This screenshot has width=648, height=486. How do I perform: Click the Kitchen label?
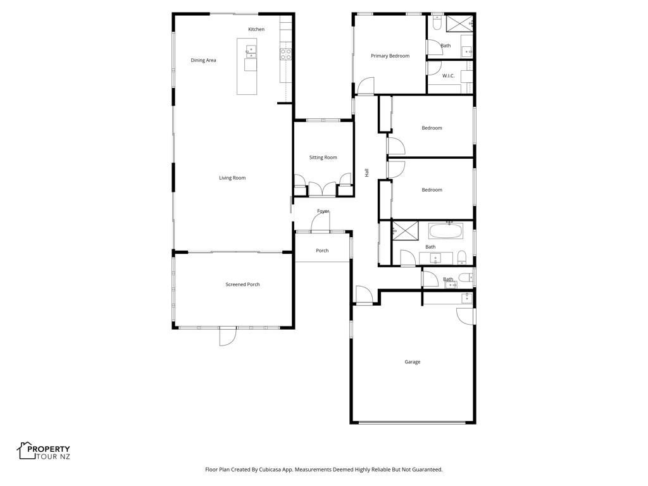(256, 29)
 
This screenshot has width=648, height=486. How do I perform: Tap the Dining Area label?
(203, 60)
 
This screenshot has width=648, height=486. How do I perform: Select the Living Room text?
(232, 178)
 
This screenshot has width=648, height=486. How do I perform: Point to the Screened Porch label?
(242, 284)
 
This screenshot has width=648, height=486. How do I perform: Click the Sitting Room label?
(323, 158)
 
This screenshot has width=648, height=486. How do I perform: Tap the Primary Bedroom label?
(390, 56)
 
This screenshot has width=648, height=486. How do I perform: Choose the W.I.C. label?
(449, 76)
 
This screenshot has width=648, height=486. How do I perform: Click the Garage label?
(413, 362)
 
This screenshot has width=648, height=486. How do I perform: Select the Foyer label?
(323, 211)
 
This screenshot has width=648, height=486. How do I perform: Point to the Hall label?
(366, 173)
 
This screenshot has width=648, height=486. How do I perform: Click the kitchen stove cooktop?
(285, 54)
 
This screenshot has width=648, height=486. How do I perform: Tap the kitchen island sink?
(251, 52)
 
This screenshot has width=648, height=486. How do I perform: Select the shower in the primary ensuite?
(459, 23)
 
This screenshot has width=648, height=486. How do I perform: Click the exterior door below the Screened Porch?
(227, 336)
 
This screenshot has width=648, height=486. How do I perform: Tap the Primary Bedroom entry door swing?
(366, 86)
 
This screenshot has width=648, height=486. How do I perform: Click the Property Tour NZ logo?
(44, 451)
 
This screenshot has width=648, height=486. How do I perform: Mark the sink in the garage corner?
(466, 298)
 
